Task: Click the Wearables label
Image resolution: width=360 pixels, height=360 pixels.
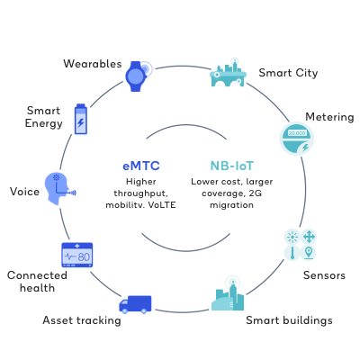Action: (x=91, y=63)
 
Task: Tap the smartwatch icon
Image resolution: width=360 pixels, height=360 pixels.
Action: (x=135, y=76)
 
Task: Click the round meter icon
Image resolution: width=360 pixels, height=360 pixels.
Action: (x=297, y=137)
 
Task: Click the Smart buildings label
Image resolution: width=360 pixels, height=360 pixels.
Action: (x=289, y=320)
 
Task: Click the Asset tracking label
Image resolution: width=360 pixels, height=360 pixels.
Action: (x=81, y=320)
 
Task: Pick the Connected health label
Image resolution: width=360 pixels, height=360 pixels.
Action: (x=31, y=281)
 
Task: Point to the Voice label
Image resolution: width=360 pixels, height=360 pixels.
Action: (x=23, y=191)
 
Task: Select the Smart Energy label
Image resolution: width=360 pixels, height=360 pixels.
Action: (x=44, y=116)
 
